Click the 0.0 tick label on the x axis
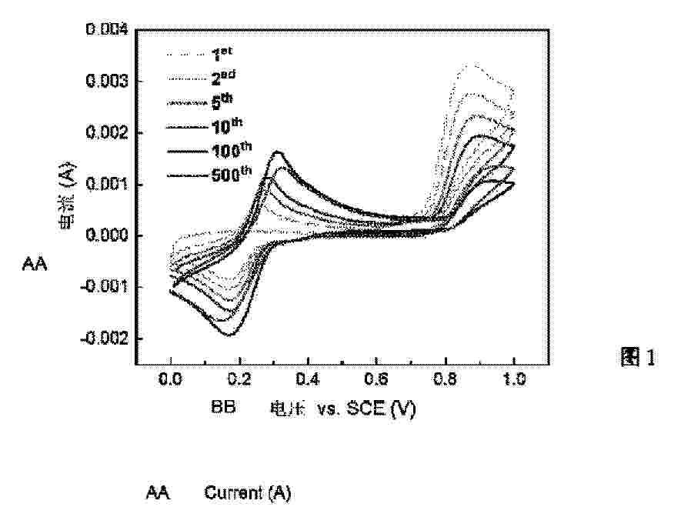coord(170,379)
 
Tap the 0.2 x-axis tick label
coord(239,379)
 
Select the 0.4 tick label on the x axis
coord(308,379)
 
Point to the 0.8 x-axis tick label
coord(446,379)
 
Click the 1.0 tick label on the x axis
coord(514,379)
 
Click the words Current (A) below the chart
coord(247,493)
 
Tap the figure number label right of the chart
coord(637,357)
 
